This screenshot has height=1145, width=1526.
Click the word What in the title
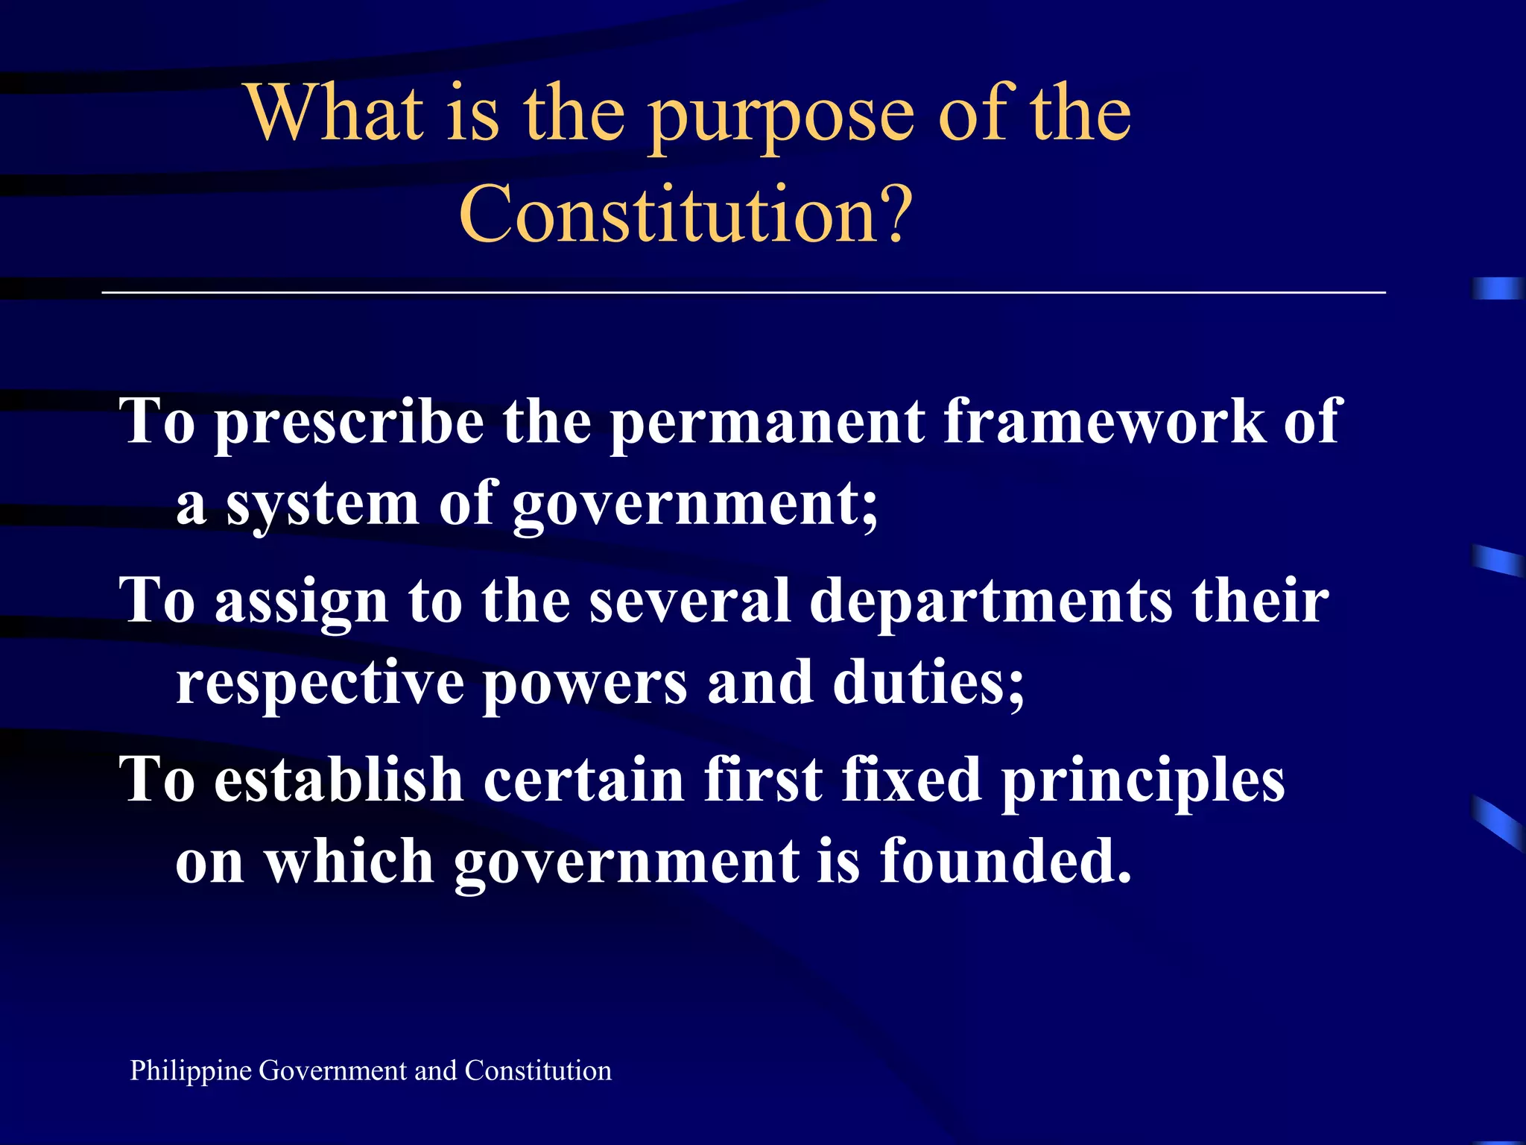point(335,113)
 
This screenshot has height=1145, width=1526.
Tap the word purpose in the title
point(781,118)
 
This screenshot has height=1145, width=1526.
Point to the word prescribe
point(349,423)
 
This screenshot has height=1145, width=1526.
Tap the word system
point(322,505)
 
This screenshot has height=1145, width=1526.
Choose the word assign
point(301,602)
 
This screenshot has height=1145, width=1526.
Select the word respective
point(320,684)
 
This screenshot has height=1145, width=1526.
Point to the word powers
point(585,684)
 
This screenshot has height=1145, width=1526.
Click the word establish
point(339,780)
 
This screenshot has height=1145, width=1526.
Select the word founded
point(1005,862)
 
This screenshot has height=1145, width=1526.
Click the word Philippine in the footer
point(191,1071)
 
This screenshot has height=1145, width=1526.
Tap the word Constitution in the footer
point(538,1070)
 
